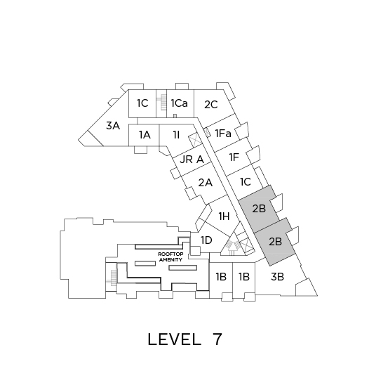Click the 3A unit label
(113, 126)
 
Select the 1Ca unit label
(180, 103)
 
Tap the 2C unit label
(211, 105)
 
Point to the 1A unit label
(145, 135)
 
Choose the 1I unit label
(176, 135)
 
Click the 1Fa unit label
(223, 134)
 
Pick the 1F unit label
(234, 157)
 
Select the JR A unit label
(192, 160)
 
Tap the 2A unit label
(206, 183)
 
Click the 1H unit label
(224, 216)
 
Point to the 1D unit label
(206, 240)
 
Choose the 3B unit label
(278, 277)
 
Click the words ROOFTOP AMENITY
(170, 257)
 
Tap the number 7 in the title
(217, 339)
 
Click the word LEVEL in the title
(175, 339)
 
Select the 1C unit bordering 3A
(142, 103)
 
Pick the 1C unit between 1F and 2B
(246, 182)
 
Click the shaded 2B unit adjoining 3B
(275, 242)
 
